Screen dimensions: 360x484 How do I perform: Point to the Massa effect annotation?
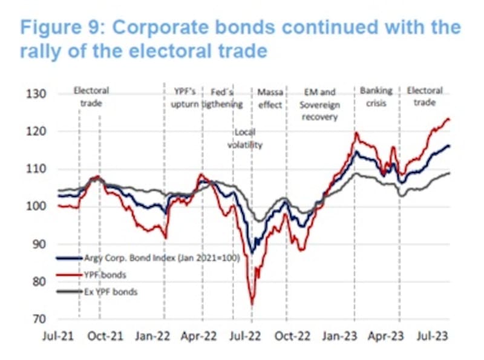tap(270, 98)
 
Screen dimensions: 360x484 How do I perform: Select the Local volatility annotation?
tap(246, 139)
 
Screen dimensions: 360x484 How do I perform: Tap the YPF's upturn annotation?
tap(182, 98)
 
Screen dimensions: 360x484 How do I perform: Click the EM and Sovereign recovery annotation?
tap(319, 104)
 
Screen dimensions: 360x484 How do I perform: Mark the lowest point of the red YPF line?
tap(252, 304)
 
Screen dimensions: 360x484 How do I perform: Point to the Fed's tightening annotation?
tap(222, 98)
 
